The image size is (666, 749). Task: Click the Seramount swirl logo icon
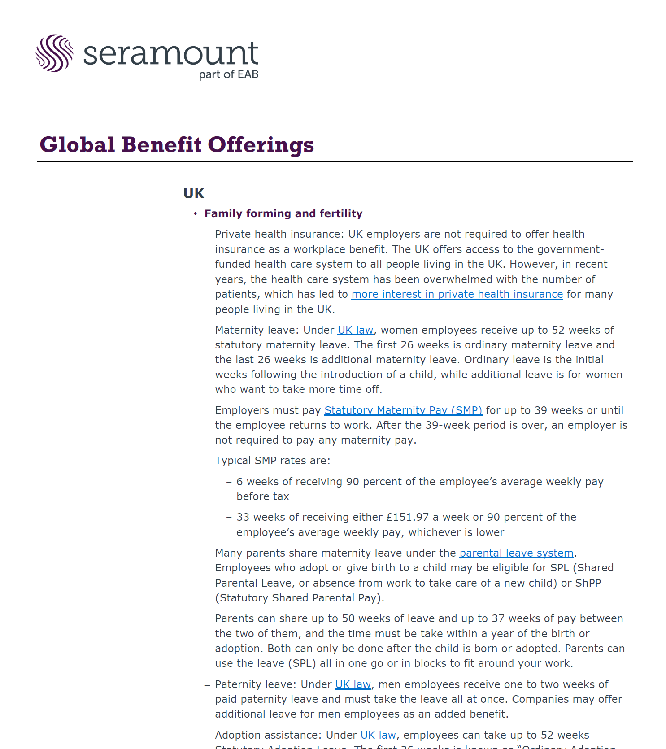tap(54, 53)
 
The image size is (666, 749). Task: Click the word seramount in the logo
tap(170, 54)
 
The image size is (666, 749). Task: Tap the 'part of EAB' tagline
tap(229, 74)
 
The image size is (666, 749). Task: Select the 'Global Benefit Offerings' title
tap(177, 145)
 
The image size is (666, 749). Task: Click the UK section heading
tap(194, 193)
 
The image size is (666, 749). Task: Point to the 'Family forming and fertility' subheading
tap(283, 213)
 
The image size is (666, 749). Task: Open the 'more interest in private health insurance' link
tap(457, 294)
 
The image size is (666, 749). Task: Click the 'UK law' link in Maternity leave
tap(355, 330)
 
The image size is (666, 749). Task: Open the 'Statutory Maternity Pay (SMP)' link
tap(403, 410)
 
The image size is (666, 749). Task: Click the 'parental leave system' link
tap(516, 553)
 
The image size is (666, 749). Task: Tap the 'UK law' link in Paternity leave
tap(353, 684)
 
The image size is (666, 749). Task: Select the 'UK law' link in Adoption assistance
tap(378, 735)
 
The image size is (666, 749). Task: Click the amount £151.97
tap(408, 517)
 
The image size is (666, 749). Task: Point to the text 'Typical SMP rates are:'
tap(273, 461)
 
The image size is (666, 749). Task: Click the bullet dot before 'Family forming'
tap(196, 214)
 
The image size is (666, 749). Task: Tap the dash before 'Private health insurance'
tap(207, 235)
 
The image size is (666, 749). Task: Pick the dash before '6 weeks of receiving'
tap(229, 482)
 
